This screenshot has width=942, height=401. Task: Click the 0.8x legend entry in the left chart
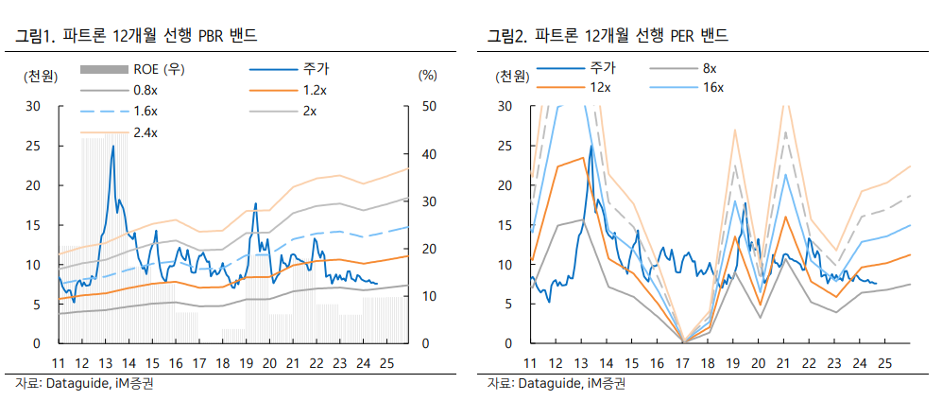(x=145, y=90)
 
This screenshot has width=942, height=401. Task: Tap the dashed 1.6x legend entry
(x=145, y=111)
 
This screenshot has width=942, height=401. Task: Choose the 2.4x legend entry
(x=145, y=131)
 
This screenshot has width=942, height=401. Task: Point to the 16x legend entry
(x=712, y=87)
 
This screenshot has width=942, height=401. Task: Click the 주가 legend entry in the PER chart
(x=601, y=68)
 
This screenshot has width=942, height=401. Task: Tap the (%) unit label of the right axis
(x=427, y=75)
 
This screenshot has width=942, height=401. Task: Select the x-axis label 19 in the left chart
(x=247, y=363)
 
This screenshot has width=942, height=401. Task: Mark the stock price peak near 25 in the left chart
(x=113, y=147)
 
